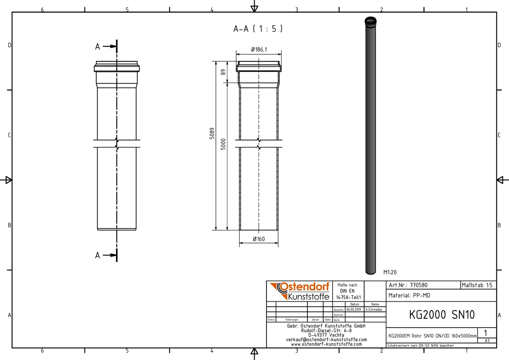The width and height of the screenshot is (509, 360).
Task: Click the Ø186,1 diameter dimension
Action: click(x=259, y=49)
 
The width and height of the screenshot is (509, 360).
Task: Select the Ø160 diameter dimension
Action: click(x=259, y=239)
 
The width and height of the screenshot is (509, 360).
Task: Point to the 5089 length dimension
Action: click(x=212, y=133)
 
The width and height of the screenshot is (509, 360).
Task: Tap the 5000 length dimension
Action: click(x=223, y=144)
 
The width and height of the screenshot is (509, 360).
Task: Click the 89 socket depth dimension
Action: click(x=224, y=72)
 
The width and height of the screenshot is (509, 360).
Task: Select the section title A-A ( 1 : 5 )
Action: click(x=258, y=29)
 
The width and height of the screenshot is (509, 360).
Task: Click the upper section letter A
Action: click(x=98, y=47)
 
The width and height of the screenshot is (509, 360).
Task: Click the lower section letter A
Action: click(x=98, y=255)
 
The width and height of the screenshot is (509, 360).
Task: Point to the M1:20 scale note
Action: click(x=390, y=272)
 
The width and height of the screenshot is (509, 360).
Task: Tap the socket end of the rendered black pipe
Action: click(x=371, y=22)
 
